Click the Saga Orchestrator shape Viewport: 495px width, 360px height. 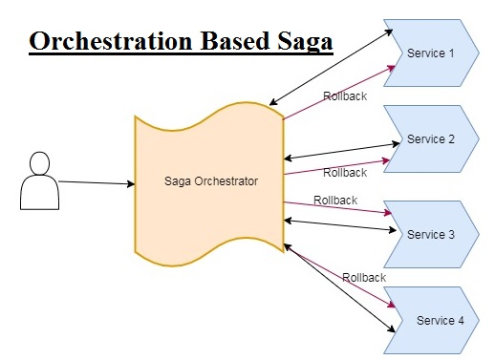(208, 181)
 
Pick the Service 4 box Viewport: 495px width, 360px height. (441, 320)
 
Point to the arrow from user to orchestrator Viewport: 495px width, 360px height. (96, 182)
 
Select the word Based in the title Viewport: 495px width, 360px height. (234, 43)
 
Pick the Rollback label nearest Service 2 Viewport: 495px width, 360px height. (344, 173)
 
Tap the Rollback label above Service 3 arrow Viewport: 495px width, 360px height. (335, 201)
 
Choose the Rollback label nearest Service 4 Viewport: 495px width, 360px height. (363, 277)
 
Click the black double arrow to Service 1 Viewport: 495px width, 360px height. (332, 66)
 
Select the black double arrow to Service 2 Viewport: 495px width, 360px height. (341, 151)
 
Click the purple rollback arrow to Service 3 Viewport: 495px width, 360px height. (339, 209)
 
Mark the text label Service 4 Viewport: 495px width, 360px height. (441, 320)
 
